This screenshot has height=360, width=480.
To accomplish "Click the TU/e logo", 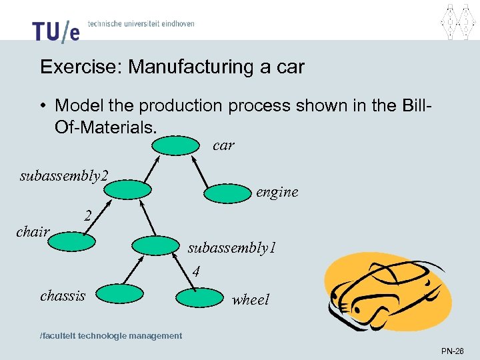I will click(x=55, y=30).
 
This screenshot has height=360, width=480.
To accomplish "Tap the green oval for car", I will click(x=179, y=145).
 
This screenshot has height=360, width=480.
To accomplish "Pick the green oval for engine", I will click(x=227, y=193).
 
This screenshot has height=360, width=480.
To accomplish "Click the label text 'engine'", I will click(x=277, y=192).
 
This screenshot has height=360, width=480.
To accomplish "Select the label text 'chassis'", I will click(x=63, y=295).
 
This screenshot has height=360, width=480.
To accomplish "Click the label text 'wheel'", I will click(x=251, y=300).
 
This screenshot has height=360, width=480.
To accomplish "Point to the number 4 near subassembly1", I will click(x=196, y=271).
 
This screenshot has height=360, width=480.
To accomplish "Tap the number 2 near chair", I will click(x=87, y=215).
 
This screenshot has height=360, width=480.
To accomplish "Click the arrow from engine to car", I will click(x=207, y=169).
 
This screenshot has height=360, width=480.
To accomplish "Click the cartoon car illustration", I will click(x=387, y=293).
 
